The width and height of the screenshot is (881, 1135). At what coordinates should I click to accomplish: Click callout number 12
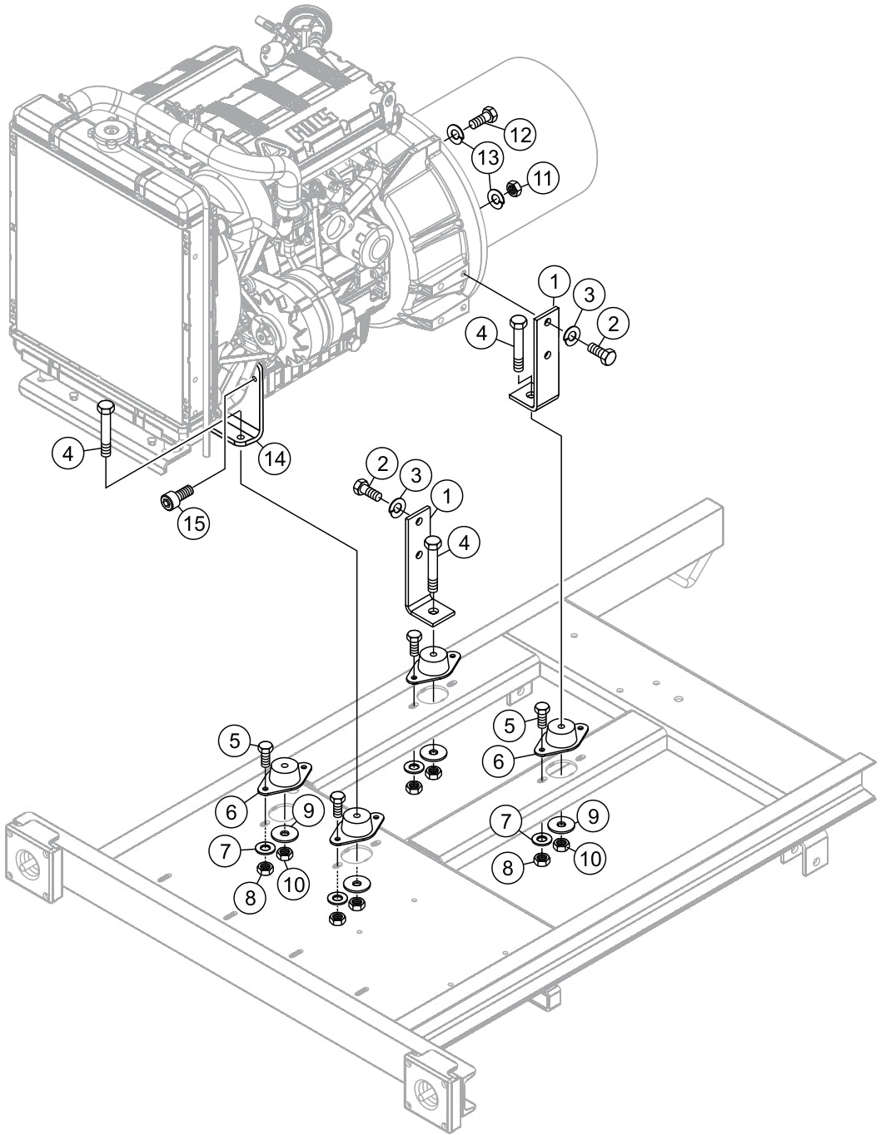coord(520,134)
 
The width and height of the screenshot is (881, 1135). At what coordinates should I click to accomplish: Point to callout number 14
coord(274,457)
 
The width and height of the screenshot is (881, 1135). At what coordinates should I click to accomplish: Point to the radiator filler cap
coord(108,133)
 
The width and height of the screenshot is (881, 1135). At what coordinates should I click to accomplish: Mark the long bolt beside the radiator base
coord(106,429)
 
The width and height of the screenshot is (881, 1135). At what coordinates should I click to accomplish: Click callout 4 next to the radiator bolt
coord(68,454)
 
